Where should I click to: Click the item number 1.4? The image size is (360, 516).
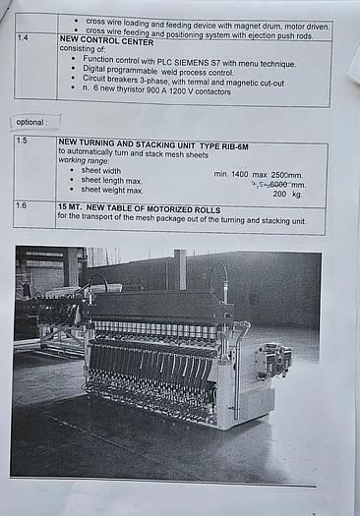[24, 37]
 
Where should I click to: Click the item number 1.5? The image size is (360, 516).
[23, 142]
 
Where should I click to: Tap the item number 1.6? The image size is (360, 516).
[23, 206]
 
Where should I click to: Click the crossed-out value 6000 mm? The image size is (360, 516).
[284, 184]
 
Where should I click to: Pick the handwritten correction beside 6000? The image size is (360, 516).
[259, 183]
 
